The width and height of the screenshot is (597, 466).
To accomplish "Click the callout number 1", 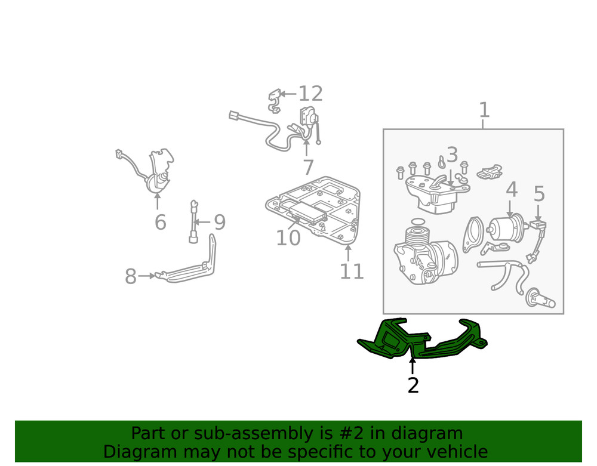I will [484, 110].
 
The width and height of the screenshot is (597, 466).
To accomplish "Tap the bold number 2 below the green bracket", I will [413, 385].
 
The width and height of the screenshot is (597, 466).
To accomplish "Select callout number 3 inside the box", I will [452, 155].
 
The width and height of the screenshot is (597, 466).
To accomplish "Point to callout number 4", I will [512, 190].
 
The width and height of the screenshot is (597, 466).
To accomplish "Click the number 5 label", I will [539, 194].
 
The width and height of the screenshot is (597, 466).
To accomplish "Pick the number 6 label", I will [160, 223].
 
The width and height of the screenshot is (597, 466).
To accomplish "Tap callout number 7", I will [308, 168].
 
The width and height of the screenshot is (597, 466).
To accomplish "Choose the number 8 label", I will [131, 277].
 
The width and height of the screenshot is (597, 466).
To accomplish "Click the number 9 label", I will [220, 223].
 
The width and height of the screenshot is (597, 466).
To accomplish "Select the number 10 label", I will [288, 239].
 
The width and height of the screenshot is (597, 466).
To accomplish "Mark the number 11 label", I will [352, 271].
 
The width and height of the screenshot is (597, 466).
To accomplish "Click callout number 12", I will [310, 94].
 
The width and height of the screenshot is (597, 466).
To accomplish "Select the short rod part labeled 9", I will [193, 222].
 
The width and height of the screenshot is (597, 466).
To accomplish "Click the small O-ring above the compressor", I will [419, 222].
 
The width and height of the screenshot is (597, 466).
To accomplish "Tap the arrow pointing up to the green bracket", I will [412, 365].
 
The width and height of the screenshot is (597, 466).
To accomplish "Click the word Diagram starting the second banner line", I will [139, 452].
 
